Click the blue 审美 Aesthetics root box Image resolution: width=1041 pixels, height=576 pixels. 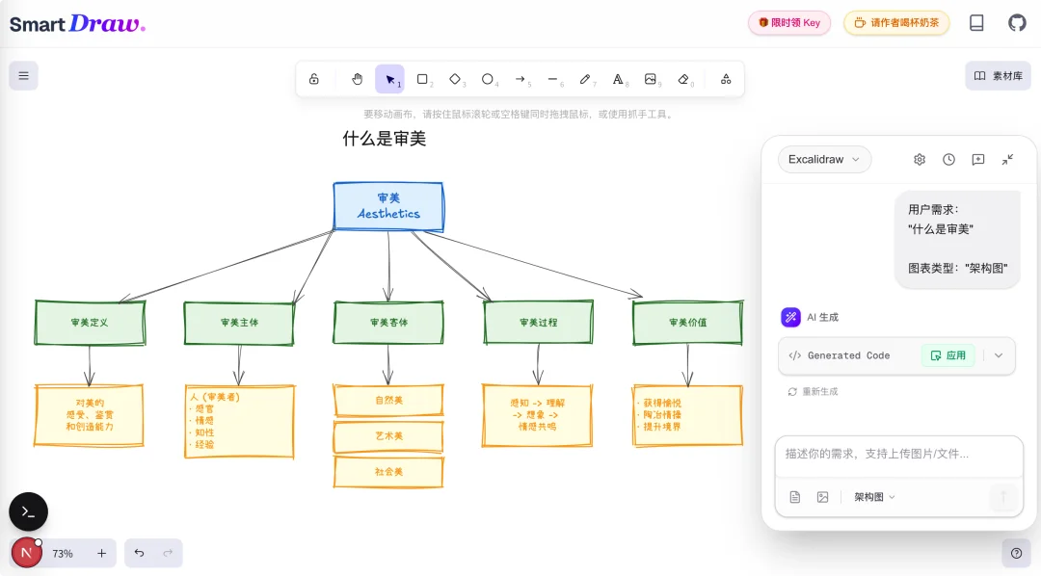(x=388, y=206)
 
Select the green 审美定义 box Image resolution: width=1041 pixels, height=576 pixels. (x=90, y=323)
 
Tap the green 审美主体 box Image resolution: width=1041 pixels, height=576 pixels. (x=239, y=323)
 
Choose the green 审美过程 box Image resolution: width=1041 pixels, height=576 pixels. (x=538, y=323)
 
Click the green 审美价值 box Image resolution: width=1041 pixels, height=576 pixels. (x=687, y=323)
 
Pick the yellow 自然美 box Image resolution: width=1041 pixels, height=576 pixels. (x=388, y=400)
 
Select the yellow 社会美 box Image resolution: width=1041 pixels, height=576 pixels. (x=388, y=472)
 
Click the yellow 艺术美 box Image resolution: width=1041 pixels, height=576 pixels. (x=388, y=436)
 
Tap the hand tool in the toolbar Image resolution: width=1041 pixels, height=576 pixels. (x=357, y=79)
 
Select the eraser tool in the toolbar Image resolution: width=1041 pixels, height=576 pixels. (x=683, y=79)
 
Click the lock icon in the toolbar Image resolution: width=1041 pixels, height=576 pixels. (x=314, y=79)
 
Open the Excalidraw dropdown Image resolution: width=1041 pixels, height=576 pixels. (x=824, y=159)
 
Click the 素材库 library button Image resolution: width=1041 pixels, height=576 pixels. (x=998, y=76)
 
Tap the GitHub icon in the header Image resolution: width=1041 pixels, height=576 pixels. (x=1017, y=23)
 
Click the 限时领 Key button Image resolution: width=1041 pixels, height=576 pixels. (x=788, y=23)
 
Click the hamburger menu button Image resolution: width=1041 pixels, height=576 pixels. (x=23, y=76)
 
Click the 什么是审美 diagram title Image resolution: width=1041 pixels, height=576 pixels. (x=384, y=139)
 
